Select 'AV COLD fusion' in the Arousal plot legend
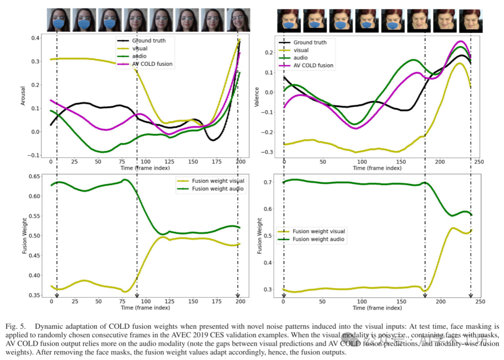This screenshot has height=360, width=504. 152,64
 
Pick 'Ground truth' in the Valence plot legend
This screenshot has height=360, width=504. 310,42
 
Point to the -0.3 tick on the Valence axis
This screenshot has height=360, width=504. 268,152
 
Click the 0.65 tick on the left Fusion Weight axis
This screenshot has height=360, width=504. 35,176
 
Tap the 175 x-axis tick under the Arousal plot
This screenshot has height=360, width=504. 217,162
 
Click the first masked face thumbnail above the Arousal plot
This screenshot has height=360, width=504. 58,20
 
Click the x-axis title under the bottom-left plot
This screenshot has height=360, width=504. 145,308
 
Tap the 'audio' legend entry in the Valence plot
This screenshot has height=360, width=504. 301,58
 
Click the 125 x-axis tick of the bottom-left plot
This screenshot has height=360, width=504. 169,302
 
